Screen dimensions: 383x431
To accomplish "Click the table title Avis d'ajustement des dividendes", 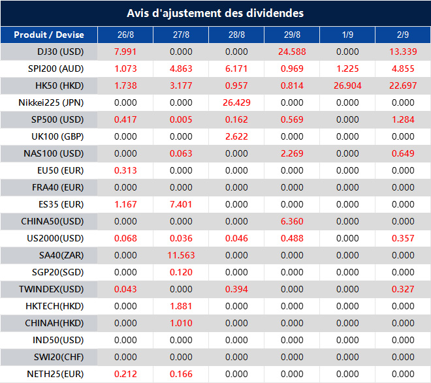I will point(215,13).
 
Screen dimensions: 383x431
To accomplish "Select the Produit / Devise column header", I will point(49,35).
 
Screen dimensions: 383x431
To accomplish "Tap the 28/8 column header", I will point(236,35).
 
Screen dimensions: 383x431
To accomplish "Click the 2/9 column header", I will point(403,35).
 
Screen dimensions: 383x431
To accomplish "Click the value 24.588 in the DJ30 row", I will point(292,52).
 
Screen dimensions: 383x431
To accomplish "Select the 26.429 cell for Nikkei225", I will point(236,102).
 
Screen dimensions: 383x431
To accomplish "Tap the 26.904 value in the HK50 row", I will point(347,85).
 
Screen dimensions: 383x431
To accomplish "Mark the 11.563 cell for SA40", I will point(181,255).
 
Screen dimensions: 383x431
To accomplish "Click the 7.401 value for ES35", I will point(181,204).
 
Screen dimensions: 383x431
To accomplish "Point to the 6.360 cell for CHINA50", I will point(292,221).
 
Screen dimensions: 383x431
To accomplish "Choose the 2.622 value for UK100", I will point(236,136).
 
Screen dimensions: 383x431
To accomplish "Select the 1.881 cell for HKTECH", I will point(181,306).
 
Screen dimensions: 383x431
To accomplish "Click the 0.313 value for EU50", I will point(125,170).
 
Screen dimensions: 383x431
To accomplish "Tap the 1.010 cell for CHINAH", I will point(181,323).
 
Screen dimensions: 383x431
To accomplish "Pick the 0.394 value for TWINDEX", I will point(236,289).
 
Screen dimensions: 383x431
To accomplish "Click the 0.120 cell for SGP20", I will point(181,272).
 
